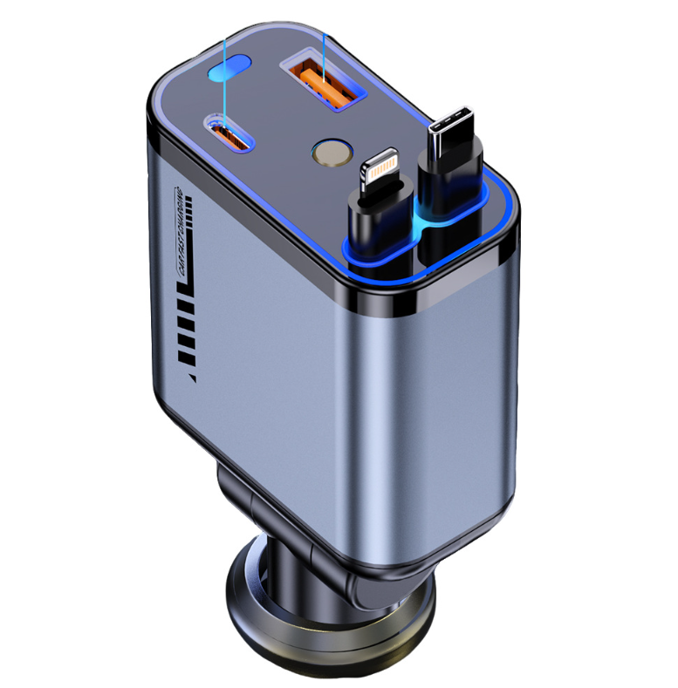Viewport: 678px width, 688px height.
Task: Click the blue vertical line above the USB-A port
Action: pos(324,52)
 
